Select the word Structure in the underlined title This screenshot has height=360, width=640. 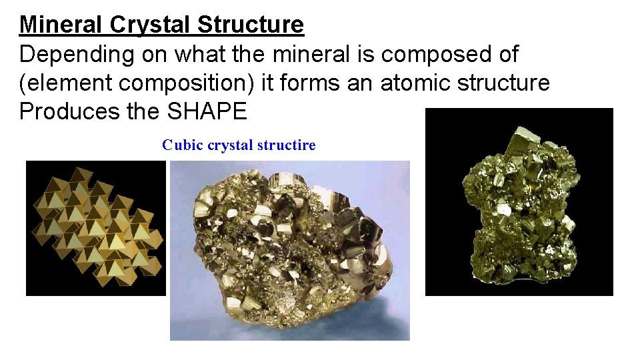click(250, 25)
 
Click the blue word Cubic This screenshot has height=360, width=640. click(183, 145)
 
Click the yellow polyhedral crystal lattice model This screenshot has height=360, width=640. click(95, 228)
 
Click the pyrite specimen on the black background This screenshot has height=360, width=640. click(519, 207)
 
